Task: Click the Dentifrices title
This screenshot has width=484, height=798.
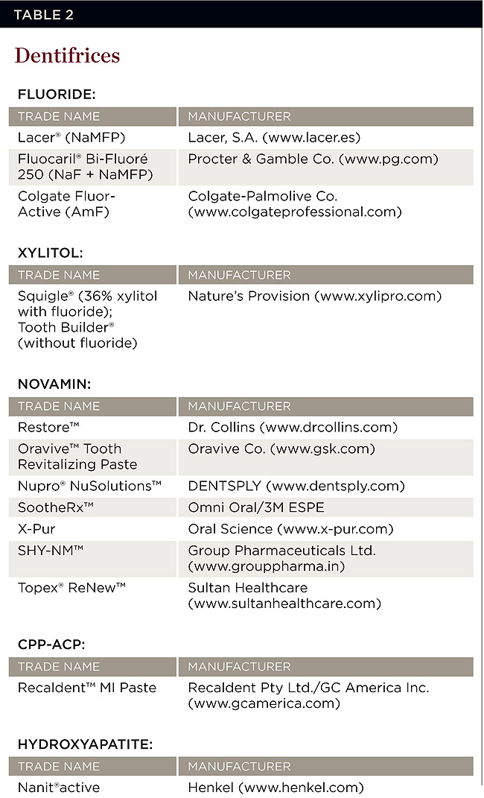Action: [67, 56]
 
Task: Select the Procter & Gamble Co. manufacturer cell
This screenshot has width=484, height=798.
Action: [313, 159]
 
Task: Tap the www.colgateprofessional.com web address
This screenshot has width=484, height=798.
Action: [295, 212]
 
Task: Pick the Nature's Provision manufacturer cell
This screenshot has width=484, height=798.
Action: [314, 297]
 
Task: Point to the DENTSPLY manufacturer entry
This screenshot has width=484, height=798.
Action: [296, 486]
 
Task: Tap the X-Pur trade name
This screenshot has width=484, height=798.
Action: [37, 529]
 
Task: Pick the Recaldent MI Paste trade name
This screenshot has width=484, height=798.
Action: [87, 688]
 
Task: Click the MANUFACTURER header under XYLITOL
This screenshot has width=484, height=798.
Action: [239, 275]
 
